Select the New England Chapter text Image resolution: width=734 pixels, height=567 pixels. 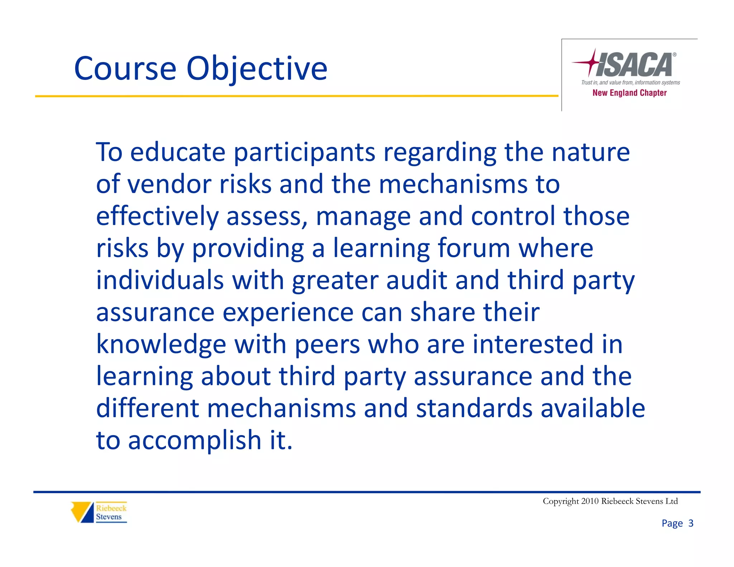click(x=629, y=93)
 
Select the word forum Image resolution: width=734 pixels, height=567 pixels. click(x=473, y=248)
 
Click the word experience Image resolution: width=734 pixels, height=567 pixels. click(x=288, y=312)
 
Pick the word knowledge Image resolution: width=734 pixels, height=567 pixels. click(x=161, y=344)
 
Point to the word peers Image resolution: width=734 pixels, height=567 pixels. click(x=327, y=344)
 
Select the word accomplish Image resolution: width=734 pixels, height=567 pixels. click(x=195, y=440)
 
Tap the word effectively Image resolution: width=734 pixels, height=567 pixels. click(x=157, y=216)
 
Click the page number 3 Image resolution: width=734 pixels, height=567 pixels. click(x=691, y=523)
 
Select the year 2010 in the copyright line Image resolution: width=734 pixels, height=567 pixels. click(x=590, y=501)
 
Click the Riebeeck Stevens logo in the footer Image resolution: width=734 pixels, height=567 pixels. click(x=99, y=512)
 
